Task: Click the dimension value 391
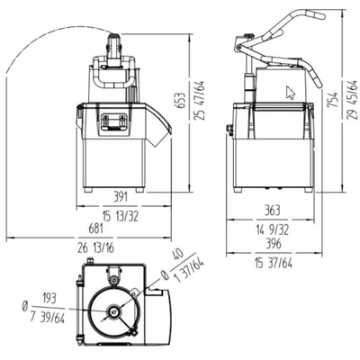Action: coord(121,197)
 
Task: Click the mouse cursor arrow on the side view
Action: coord(290,92)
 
